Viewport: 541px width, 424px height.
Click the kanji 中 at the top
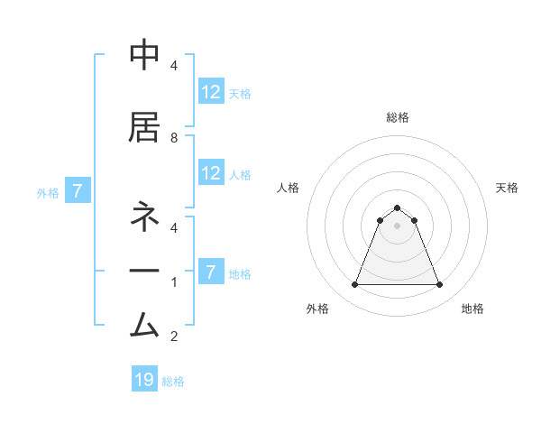click(x=144, y=57)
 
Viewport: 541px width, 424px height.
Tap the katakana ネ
click(x=144, y=217)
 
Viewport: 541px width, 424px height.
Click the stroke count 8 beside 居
click(x=173, y=138)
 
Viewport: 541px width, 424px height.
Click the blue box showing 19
click(x=144, y=380)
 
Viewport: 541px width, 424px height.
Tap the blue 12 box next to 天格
click(x=211, y=92)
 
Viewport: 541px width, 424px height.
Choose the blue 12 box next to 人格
click(x=211, y=173)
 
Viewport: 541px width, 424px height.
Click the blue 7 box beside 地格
click(x=211, y=272)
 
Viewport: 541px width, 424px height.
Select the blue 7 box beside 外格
click(x=78, y=191)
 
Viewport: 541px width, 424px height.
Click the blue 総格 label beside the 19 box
click(x=173, y=382)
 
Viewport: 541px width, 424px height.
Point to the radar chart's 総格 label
click(x=397, y=117)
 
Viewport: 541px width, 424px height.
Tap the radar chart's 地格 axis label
click(x=472, y=309)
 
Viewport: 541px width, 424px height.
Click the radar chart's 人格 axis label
click(x=289, y=188)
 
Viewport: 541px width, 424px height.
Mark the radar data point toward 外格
click(x=354, y=285)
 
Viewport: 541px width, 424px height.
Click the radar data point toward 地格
click(x=439, y=285)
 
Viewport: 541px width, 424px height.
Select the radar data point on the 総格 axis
click(x=397, y=208)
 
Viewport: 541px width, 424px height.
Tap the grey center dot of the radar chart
click(x=397, y=226)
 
